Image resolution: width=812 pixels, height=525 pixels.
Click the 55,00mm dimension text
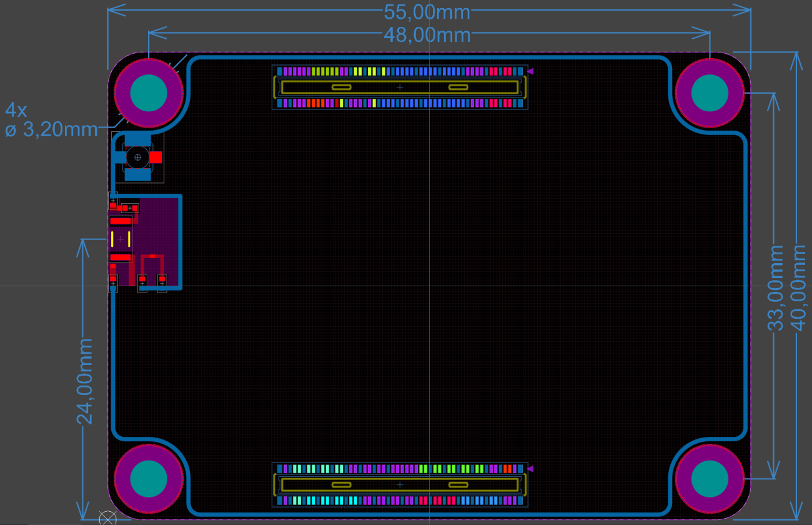427,12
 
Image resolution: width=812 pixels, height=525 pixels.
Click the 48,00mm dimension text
427,35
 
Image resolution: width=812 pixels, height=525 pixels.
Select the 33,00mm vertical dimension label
775,287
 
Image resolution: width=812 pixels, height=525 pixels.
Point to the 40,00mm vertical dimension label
799,287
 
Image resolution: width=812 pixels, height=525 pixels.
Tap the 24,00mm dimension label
85,381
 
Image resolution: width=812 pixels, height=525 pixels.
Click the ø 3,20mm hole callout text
52,129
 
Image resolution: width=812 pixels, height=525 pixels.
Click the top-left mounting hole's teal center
149,93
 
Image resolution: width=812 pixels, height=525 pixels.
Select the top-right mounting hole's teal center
710,93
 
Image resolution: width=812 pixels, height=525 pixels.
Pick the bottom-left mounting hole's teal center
149,479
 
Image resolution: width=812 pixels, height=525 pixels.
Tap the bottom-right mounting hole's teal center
710,479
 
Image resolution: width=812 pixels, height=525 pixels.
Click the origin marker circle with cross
108,518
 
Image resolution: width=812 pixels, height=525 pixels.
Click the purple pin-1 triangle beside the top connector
530,72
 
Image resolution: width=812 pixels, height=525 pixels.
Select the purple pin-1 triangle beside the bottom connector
530,469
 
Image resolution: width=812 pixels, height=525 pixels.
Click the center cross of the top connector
400,87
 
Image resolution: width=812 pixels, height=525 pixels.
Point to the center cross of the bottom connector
400,484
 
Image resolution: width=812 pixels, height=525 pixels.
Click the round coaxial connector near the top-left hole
137,157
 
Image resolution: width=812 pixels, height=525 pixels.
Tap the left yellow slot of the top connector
341,87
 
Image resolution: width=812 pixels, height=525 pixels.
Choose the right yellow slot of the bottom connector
458,484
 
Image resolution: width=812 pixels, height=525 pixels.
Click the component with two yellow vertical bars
121,239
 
